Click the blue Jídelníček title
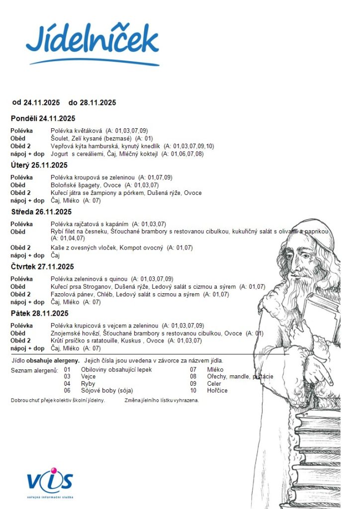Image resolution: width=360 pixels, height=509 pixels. [92, 40]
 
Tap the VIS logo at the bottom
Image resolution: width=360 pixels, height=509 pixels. [50, 482]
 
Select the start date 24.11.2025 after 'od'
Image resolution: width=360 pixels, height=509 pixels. [42, 103]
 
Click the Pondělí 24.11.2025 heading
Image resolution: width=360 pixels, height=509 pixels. [43, 118]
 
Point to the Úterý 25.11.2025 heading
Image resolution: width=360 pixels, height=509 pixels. [39, 166]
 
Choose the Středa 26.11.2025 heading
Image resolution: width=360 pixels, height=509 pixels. [41, 212]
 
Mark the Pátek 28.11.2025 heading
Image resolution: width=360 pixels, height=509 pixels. [40, 314]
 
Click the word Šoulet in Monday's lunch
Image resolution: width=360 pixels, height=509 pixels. [61, 139]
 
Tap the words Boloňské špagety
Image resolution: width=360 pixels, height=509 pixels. [72, 185]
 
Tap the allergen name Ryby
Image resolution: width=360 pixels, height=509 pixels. [88, 384]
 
